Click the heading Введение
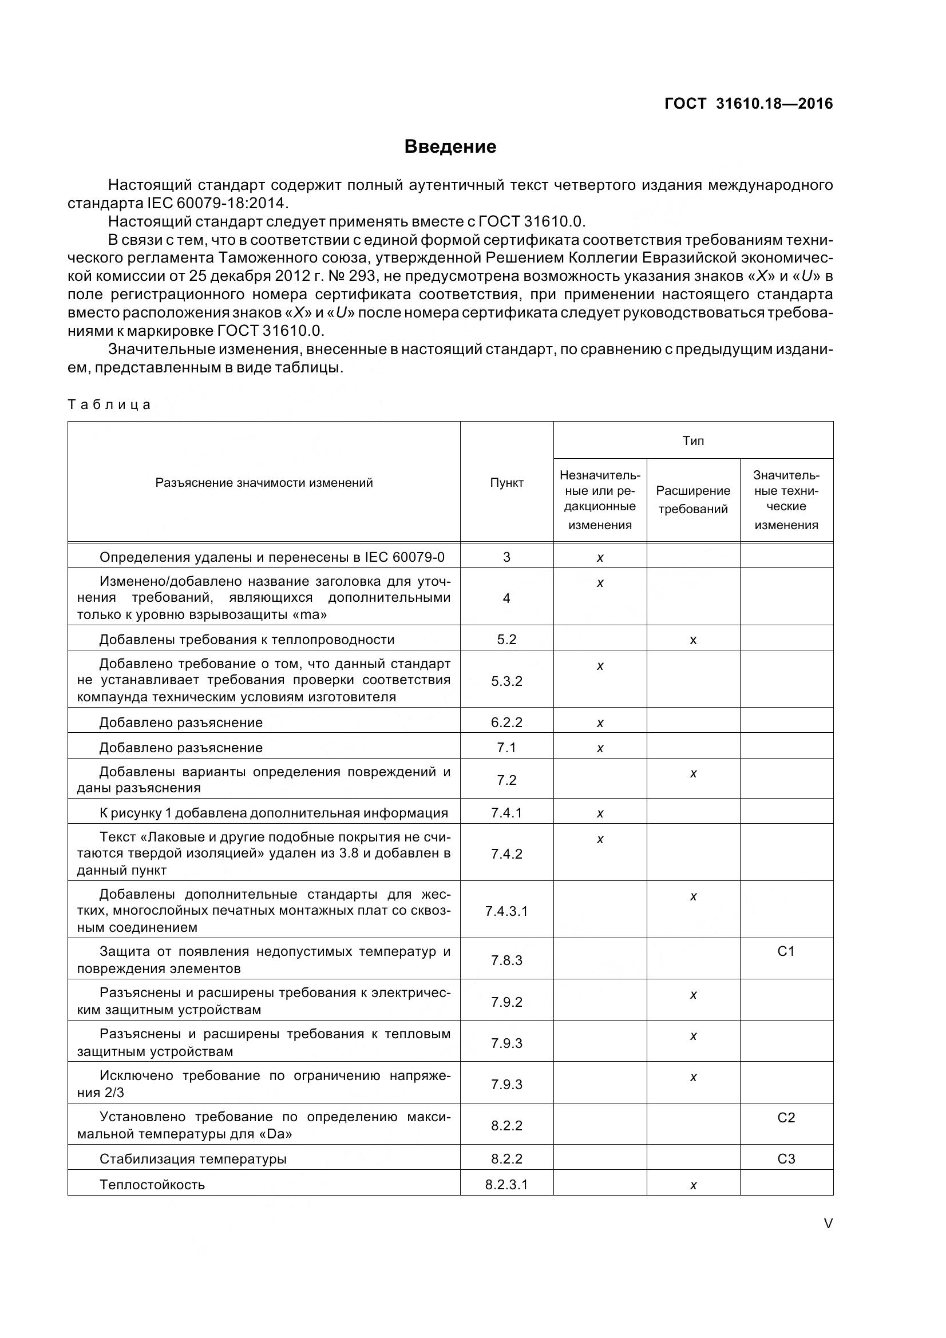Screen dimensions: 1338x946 [x=450, y=146]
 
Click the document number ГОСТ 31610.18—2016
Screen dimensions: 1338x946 [x=749, y=104]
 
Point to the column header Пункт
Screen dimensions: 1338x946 [x=506, y=483]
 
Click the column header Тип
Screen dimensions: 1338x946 [x=693, y=440]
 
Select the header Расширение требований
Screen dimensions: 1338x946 [x=693, y=499]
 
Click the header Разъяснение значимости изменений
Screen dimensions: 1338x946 [x=264, y=483]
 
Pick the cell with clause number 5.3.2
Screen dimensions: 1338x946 [x=506, y=681]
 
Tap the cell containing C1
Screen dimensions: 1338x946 [x=786, y=951]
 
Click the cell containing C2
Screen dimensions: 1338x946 [x=786, y=1117]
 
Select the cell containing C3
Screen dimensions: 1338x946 [x=786, y=1158]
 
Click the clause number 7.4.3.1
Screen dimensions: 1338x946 [x=506, y=911]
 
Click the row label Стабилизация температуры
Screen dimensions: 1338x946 [x=193, y=1158]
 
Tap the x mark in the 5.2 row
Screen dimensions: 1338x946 [x=693, y=640]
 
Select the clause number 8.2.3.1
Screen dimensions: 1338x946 [x=506, y=1184]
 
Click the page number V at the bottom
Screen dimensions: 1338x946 [x=828, y=1224]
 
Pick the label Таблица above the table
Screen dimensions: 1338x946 [x=109, y=404]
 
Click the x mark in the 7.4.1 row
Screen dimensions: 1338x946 [x=600, y=813]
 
